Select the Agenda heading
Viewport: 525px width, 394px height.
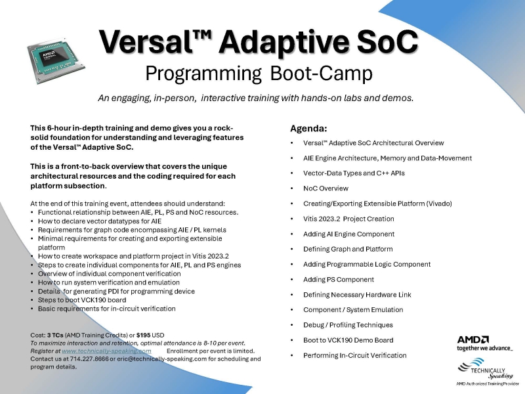[308, 128]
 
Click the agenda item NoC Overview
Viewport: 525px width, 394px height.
[325, 188]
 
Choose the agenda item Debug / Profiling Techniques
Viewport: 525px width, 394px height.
[348, 324]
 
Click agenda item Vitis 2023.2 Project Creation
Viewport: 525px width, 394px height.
[348, 219]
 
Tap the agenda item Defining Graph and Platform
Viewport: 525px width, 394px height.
[348, 249]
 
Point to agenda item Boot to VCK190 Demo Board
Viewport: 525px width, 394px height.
[348, 340]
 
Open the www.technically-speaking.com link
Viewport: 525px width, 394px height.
[106, 351]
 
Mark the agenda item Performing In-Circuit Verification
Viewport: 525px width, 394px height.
[354, 355]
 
